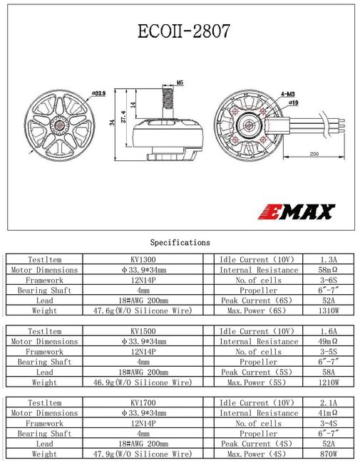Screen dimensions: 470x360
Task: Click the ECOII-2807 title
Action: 180,33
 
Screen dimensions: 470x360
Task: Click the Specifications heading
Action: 180,242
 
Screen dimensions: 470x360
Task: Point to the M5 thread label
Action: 180,83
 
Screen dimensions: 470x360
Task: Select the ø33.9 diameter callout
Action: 98,93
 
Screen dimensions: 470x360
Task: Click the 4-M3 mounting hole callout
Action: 289,93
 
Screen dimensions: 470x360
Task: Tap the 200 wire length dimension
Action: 314,155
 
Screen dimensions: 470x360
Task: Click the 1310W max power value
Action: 329,311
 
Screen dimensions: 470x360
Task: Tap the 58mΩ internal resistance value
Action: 329,271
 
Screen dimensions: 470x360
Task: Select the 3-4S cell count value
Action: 329,423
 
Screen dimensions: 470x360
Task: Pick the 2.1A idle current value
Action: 329,403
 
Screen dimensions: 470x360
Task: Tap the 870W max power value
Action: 329,454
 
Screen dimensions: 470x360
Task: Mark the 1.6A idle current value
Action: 329,332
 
